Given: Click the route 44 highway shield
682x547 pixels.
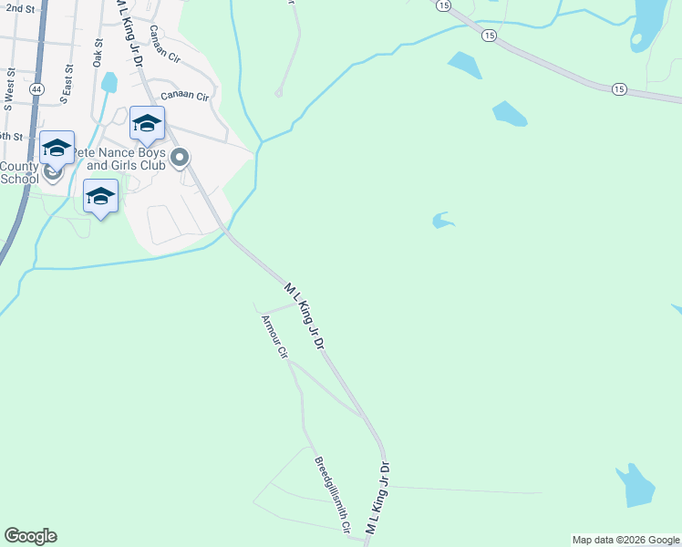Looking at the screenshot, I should point(36,88).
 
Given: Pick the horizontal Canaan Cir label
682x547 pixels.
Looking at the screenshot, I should point(185,96).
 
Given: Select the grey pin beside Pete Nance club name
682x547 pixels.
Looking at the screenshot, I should point(181,159).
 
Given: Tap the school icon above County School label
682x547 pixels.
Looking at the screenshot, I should point(57,147).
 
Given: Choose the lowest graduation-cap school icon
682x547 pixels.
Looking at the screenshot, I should point(100,195).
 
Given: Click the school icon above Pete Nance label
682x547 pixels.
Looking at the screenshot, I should point(147,123).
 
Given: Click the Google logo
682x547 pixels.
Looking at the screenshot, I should point(30,536).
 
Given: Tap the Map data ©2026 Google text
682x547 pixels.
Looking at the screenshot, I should point(625,540).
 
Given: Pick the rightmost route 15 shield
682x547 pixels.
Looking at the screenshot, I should point(620,88).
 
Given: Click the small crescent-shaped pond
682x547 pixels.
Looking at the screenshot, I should point(442,220).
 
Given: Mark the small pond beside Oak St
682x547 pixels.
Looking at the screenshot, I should point(109,82).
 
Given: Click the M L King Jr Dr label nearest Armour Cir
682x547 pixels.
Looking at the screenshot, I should point(305,315).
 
